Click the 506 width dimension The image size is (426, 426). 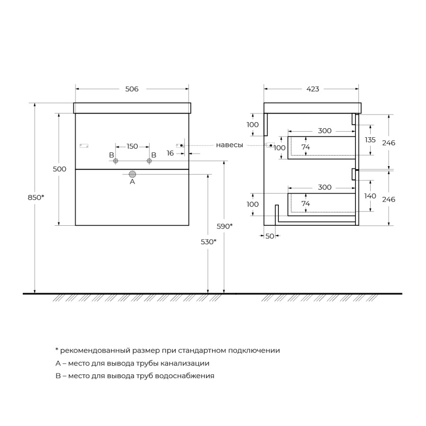click(132, 89)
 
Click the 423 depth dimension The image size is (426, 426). click(312, 89)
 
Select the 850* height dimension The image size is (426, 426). click(35, 197)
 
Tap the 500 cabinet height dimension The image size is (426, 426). click(60, 169)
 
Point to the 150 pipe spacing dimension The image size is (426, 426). click(132, 146)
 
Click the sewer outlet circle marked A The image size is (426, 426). click(133, 174)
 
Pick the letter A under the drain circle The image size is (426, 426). click(133, 182)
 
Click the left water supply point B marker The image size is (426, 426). click(115, 161)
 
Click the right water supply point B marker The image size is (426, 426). click(149, 161)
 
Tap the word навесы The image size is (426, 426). click(230, 145)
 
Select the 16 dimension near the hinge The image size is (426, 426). click(170, 153)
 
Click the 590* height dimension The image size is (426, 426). click(225, 226)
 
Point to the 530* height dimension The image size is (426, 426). click(208, 241)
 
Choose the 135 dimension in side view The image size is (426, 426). click(370, 140)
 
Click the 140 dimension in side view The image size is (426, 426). click(370, 196)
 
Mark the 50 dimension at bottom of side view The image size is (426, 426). click(270, 236)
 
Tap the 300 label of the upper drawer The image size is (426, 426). click(324, 131)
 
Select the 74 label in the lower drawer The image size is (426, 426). click(306, 204)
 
